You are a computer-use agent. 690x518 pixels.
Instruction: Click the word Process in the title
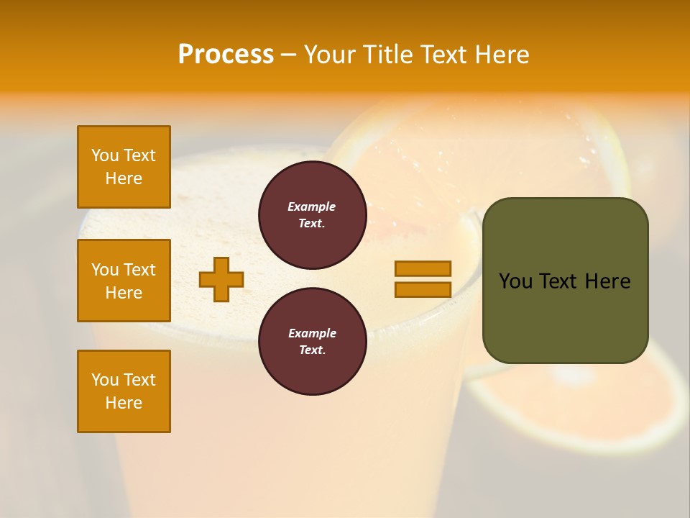pyautogui.click(x=226, y=55)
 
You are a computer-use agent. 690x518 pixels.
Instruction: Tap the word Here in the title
pyautogui.click(x=502, y=55)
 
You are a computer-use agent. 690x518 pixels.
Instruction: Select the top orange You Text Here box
pyautogui.click(x=124, y=167)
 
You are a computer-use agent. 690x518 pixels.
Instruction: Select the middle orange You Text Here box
pyautogui.click(x=124, y=281)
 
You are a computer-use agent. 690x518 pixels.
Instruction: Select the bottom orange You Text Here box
pyautogui.click(x=124, y=391)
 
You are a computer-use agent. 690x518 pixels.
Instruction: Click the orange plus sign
pyautogui.click(x=221, y=279)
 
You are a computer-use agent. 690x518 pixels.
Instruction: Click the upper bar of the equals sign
pyautogui.click(x=423, y=268)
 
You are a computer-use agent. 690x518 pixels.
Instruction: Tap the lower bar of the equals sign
pyautogui.click(x=423, y=289)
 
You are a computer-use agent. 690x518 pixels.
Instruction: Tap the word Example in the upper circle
pyautogui.click(x=312, y=206)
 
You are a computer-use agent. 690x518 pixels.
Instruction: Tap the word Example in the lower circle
pyautogui.click(x=312, y=333)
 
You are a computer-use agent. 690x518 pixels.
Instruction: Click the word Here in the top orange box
pyautogui.click(x=124, y=178)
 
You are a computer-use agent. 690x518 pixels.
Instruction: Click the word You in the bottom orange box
pyautogui.click(x=105, y=379)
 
